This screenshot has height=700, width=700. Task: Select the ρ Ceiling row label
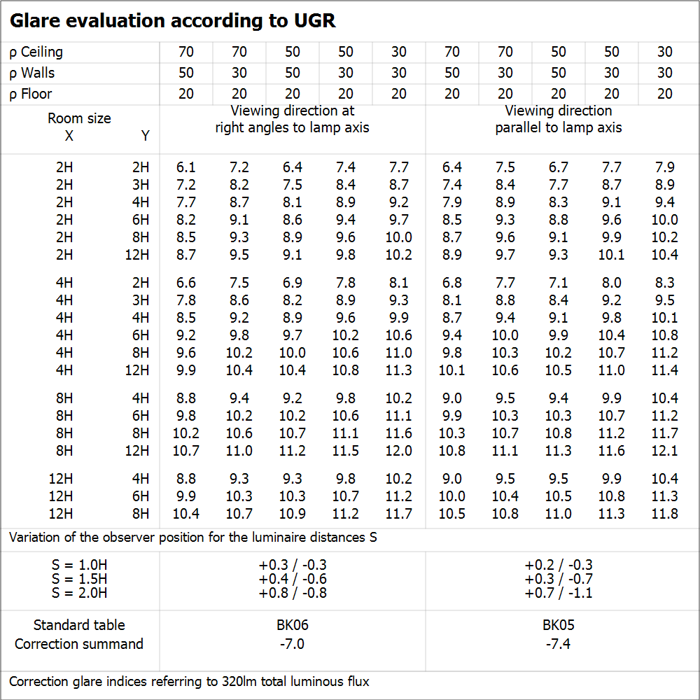[36, 52]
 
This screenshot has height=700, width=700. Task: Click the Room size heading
[79, 118]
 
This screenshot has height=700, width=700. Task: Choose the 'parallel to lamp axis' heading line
[558, 127]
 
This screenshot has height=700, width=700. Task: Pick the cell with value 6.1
[186, 167]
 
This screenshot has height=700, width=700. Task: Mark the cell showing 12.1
[664, 451]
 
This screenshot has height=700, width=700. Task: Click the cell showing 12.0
[398, 451]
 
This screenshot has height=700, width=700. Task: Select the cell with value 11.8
[664, 514]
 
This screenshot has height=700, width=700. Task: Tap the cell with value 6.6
[186, 283]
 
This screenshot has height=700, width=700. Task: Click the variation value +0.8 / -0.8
[293, 593]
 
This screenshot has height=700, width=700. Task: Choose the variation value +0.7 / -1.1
[558, 593]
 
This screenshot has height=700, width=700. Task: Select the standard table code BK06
[293, 625]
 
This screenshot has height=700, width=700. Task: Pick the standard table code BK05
[558, 625]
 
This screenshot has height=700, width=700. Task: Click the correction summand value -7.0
[293, 644]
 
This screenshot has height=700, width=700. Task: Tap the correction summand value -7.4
[558, 644]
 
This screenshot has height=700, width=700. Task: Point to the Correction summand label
[79, 644]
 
